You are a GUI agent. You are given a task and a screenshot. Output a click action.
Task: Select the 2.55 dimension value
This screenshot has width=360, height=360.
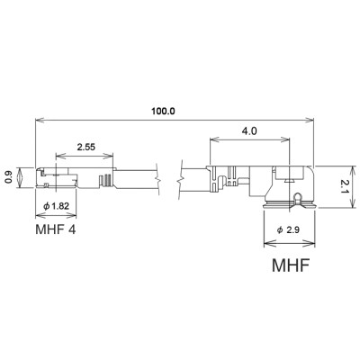click(x=87, y=145)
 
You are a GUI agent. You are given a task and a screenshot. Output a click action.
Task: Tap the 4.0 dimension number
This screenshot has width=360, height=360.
click(x=249, y=130)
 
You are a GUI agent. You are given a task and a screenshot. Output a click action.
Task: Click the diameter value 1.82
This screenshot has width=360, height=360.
click(x=60, y=208)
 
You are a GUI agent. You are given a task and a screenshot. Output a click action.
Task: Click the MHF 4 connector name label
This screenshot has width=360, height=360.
click(x=57, y=229)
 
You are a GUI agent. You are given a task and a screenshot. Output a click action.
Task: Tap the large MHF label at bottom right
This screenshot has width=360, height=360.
click(x=292, y=266)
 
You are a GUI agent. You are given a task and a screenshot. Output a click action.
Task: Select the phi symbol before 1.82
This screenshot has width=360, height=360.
click(x=45, y=208)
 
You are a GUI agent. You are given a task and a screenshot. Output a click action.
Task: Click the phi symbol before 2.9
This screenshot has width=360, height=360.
click(x=280, y=232)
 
